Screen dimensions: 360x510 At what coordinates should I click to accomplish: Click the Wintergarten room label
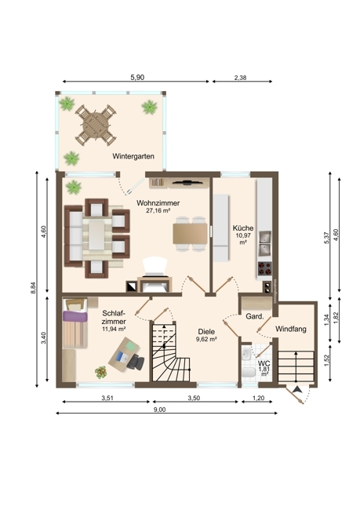point(133,156)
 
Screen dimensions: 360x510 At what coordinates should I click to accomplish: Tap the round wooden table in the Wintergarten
point(96,125)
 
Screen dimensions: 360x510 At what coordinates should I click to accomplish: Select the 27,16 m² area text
point(158,210)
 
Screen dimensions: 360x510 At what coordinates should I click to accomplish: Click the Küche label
point(243,228)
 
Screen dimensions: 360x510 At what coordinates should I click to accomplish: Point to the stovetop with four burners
point(265,268)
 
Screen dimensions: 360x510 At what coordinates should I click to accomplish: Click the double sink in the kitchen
point(265,243)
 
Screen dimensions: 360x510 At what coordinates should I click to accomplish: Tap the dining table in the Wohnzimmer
point(191,234)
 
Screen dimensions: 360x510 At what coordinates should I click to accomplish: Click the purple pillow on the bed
point(75,316)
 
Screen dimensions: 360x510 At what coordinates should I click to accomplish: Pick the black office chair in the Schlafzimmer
point(136,362)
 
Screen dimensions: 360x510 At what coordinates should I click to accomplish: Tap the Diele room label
point(206,332)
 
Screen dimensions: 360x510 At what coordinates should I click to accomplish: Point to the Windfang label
point(291,329)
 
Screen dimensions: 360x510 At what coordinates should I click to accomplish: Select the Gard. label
point(254,316)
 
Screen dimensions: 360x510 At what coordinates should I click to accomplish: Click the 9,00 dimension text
point(159,410)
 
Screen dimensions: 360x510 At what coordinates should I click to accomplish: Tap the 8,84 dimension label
point(33,288)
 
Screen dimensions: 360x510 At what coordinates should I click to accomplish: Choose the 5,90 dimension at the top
point(137,78)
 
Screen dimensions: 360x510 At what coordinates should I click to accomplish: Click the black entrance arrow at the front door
point(297,390)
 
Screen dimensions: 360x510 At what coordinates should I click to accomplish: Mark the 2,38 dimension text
point(240,78)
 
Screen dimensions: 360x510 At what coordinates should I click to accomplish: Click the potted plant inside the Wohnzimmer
point(73,188)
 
